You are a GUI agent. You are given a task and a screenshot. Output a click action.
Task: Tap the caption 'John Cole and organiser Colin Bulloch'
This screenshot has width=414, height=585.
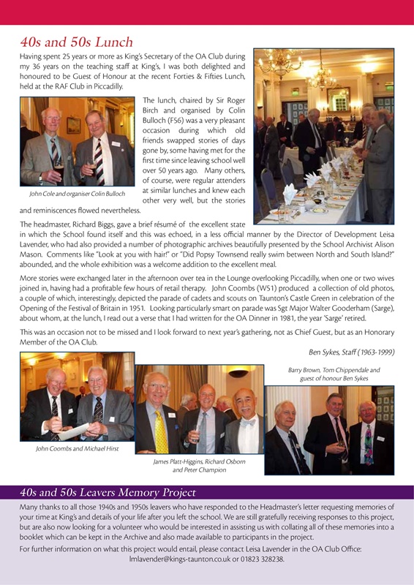tap(77, 193)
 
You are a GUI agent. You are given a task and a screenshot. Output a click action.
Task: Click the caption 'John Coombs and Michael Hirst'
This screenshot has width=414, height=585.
tap(77, 448)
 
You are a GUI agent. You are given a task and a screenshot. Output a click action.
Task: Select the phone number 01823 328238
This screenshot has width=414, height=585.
tap(266, 559)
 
